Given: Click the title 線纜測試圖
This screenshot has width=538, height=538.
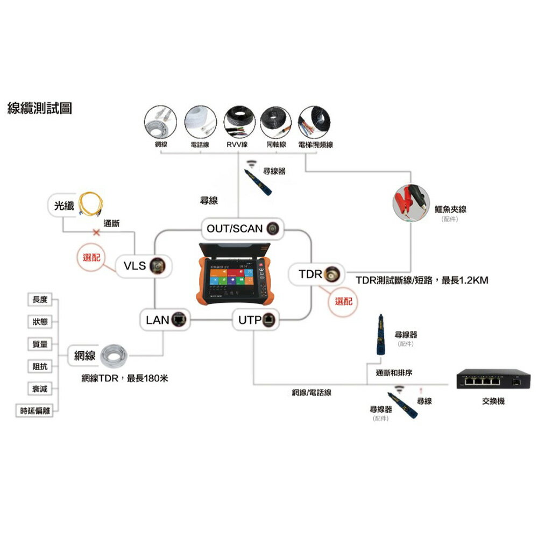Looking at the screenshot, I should (x=40, y=109).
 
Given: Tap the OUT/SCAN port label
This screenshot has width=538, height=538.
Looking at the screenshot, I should (x=235, y=229).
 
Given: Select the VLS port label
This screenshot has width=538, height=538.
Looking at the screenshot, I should (x=134, y=266).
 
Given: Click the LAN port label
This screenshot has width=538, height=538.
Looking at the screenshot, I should (x=158, y=320).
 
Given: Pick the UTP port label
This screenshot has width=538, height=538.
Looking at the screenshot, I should (x=250, y=320).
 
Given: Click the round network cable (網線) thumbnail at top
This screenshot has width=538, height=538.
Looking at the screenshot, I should (x=161, y=122).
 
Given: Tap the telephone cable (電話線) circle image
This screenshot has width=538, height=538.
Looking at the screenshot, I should (x=200, y=122).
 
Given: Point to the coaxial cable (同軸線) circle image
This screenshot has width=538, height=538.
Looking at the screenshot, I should (x=275, y=122).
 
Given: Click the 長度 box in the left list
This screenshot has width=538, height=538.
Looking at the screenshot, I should (x=40, y=300).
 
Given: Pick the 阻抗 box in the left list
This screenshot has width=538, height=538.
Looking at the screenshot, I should (x=40, y=366).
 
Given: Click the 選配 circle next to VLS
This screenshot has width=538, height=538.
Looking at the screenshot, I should (x=95, y=258).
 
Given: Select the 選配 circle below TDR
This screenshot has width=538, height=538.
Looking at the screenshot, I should (x=343, y=301).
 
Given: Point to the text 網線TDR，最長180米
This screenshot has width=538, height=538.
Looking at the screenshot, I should (x=124, y=378).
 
